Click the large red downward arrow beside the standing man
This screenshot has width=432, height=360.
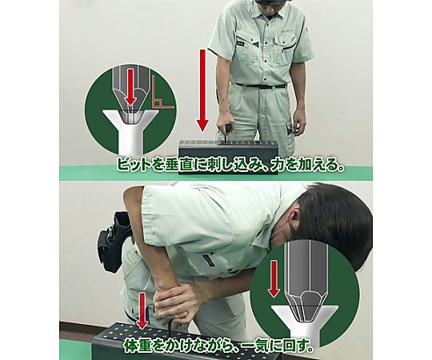coord(203,90)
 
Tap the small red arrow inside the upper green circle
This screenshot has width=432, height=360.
coord(131,86)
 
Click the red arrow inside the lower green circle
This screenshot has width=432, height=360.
coord(274,278)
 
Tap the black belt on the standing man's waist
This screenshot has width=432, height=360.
coord(260,86)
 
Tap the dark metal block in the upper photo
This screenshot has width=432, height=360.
coord(228,158)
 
